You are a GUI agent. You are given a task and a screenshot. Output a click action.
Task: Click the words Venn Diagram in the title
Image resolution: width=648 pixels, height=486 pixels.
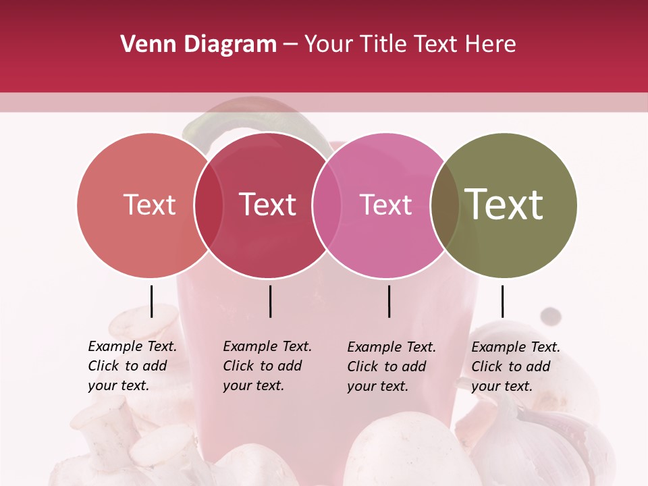(198, 45)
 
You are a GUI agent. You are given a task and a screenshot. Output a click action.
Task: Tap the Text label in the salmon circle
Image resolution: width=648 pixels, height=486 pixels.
(149, 205)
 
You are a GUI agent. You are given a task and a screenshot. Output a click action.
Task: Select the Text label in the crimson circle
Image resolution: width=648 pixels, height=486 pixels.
(267, 205)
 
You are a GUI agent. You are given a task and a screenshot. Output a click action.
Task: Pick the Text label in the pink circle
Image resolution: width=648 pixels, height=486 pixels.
(385, 205)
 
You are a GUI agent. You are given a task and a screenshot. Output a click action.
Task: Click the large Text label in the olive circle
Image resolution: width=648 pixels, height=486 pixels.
(504, 204)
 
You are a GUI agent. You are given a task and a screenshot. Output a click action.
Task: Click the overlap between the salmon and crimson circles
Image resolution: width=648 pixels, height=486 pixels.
(209, 205)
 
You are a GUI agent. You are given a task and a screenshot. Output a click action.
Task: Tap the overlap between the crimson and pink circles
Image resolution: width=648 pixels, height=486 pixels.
(327, 205)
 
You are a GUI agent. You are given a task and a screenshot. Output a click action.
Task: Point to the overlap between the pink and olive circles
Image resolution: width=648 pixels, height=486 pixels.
(445, 205)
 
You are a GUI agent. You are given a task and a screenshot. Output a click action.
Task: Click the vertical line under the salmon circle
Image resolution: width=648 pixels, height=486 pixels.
(152, 301)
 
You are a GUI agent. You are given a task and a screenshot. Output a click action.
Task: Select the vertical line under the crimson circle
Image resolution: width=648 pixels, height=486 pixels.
(270, 301)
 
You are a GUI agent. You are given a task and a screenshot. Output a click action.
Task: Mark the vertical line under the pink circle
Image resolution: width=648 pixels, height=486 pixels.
(389, 301)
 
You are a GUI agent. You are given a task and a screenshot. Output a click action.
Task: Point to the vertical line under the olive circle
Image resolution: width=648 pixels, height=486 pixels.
(502, 301)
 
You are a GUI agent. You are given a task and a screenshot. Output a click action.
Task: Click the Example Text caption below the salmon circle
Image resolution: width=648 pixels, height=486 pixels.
(132, 366)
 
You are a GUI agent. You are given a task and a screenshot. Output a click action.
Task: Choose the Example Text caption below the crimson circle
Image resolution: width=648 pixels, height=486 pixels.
(267, 366)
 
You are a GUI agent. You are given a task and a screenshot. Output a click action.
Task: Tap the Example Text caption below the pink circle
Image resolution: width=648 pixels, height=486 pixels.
(391, 367)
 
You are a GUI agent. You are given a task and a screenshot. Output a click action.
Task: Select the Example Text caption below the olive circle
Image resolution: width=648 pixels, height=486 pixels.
(515, 367)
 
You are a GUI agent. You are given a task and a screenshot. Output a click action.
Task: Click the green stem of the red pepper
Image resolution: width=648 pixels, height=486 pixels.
(202, 125)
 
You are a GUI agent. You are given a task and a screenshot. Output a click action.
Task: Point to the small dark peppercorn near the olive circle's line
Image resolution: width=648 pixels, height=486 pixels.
(552, 315)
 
